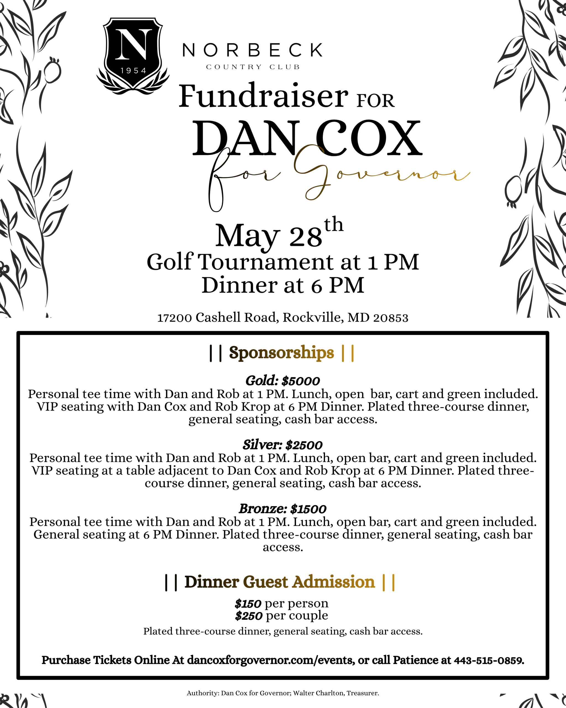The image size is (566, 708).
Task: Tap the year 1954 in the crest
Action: (x=133, y=71)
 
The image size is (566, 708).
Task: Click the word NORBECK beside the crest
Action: (x=252, y=50)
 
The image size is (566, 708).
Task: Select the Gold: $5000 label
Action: (x=282, y=381)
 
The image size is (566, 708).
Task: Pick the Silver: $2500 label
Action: (x=282, y=445)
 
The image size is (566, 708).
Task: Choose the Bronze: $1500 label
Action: (x=282, y=509)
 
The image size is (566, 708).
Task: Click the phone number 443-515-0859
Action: (x=489, y=660)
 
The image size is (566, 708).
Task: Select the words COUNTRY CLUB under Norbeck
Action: (x=253, y=67)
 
